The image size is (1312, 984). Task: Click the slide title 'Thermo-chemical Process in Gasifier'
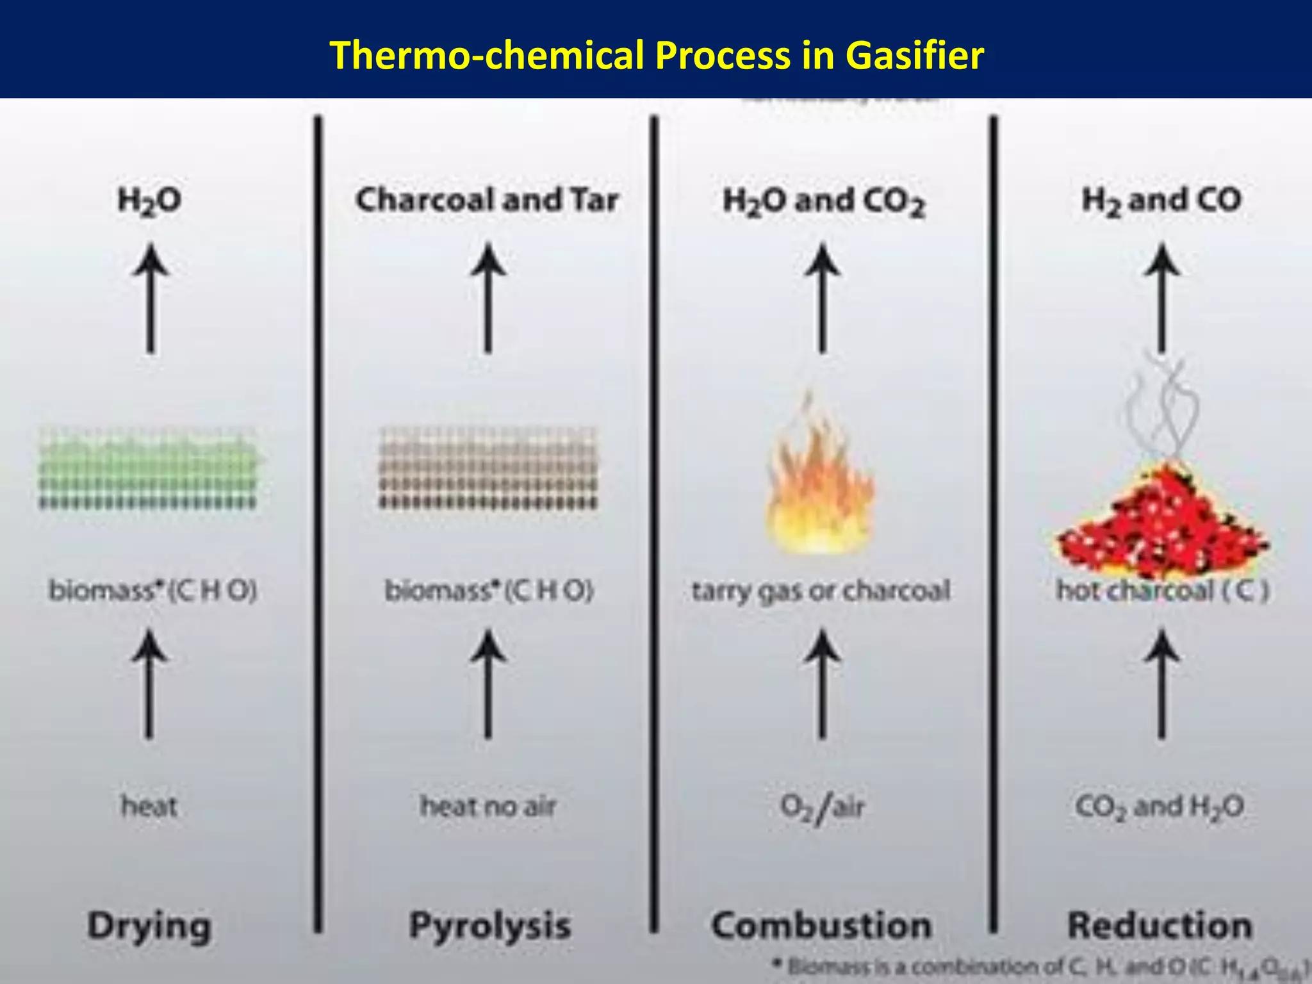coord(656,55)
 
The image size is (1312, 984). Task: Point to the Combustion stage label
coord(822,926)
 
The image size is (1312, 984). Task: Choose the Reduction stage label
coord(1160,926)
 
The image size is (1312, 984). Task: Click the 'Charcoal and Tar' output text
coord(487,200)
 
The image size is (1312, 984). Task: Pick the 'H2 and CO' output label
coord(1161,200)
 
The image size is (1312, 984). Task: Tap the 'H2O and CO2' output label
coord(824,201)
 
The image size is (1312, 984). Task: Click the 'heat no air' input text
coord(488,806)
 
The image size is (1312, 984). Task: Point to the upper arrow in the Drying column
coord(151,298)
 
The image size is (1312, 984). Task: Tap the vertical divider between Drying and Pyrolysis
coord(318,522)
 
